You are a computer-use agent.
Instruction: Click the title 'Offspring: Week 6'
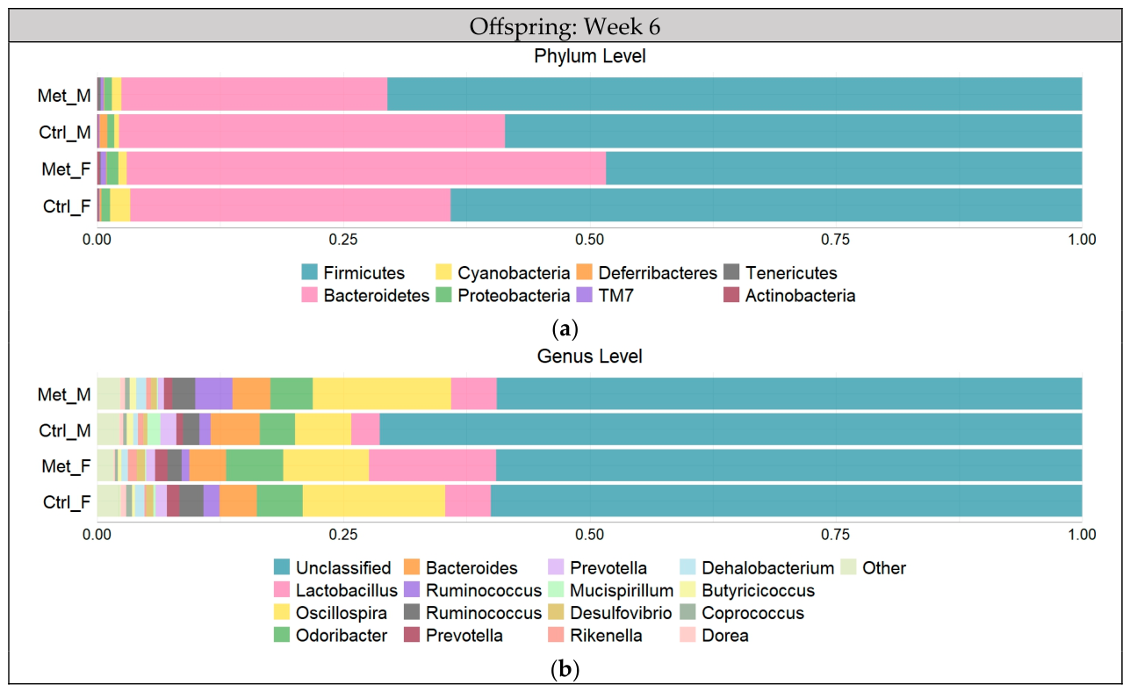point(565,26)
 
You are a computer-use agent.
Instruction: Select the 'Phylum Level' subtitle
point(590,56)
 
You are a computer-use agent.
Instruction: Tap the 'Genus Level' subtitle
point(590,357)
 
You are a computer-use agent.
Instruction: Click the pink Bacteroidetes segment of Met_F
point(366,169)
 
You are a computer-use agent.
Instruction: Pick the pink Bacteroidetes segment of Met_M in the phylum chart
point(255,94)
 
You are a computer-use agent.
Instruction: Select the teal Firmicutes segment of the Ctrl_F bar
point(766,205)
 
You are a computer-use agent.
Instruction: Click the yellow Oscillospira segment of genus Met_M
point(382,393)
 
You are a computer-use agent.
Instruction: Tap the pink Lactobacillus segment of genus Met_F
point(432,465)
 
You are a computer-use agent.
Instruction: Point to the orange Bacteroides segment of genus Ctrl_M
point(235,429)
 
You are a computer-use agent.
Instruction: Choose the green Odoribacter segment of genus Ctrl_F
point(279,501)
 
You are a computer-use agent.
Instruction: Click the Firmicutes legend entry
point(353,272)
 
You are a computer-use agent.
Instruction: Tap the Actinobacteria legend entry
point(789,295)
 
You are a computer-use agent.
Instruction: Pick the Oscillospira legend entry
point(330,613)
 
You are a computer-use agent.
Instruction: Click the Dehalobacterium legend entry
point(757,568)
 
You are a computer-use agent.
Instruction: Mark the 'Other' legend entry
point(874,568)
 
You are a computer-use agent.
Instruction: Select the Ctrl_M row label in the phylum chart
point(65,133)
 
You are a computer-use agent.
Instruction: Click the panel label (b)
point(565,669)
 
